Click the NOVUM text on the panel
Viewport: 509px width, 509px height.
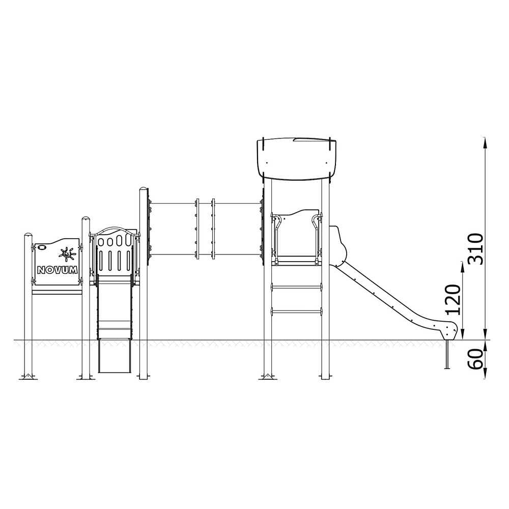click(58, 270)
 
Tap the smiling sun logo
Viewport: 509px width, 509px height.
click(67, 253)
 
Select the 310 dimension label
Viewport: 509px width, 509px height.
click(476, 249)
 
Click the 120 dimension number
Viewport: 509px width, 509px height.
click(453, 300)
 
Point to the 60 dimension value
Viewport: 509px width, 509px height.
click(476, 359)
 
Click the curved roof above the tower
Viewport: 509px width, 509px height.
click(296, 159)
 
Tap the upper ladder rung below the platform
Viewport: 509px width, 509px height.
click(296, 287)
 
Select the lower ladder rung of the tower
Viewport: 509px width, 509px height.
click(296, 312)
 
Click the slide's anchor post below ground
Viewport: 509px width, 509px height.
click(447, 354)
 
